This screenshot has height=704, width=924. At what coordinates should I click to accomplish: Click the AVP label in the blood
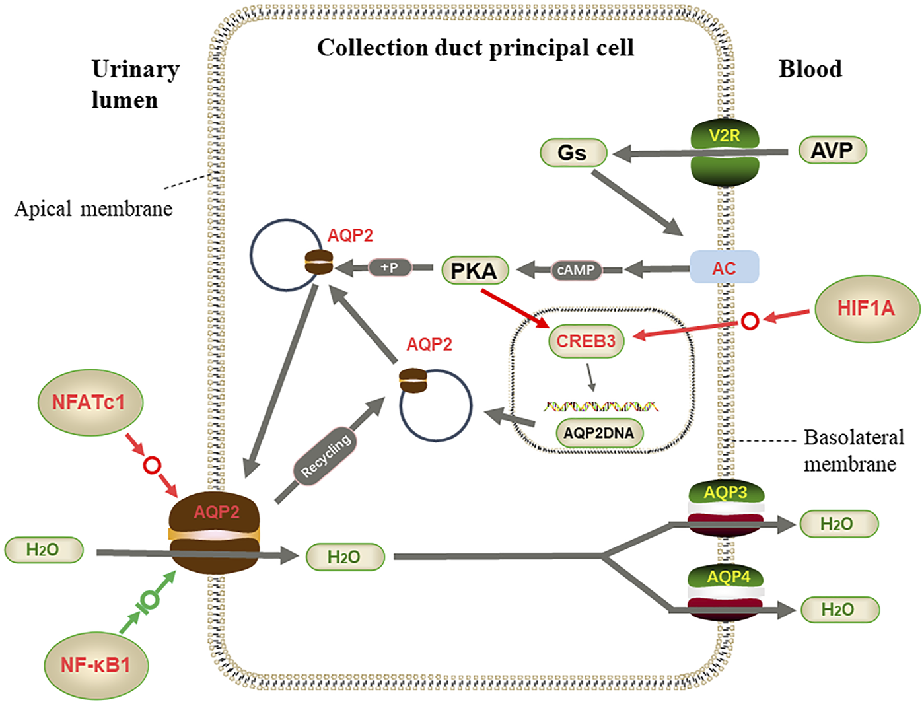click(832, 151)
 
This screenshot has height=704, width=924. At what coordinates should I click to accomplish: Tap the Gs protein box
click(573, 153)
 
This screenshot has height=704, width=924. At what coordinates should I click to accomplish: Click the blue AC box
click(724, 267)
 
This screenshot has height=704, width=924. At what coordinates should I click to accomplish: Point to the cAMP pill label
click(576, 270)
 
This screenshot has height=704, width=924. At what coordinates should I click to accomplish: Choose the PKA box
click(474, 270)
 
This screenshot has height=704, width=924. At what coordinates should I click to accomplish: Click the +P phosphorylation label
click(390, 267)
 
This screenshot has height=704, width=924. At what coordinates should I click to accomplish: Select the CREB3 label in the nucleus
click(586, 341)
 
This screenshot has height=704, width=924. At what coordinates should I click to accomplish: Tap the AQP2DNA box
click(598, 433)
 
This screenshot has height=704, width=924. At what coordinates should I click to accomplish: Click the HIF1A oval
click(866, 308)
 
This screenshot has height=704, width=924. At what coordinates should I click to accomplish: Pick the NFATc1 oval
click(89, 402)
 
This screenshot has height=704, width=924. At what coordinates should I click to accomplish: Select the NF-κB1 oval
click(96, 664)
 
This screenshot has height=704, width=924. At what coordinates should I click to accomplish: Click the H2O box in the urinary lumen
click(43, 549)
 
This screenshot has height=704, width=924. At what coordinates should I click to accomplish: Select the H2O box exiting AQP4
click(838, 609)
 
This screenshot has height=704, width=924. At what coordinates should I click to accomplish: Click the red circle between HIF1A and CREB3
click(749, 321)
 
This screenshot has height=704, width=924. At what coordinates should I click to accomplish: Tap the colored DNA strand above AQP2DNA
click(600, 406)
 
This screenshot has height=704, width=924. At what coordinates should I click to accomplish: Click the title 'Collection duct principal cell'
click(475, 48)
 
